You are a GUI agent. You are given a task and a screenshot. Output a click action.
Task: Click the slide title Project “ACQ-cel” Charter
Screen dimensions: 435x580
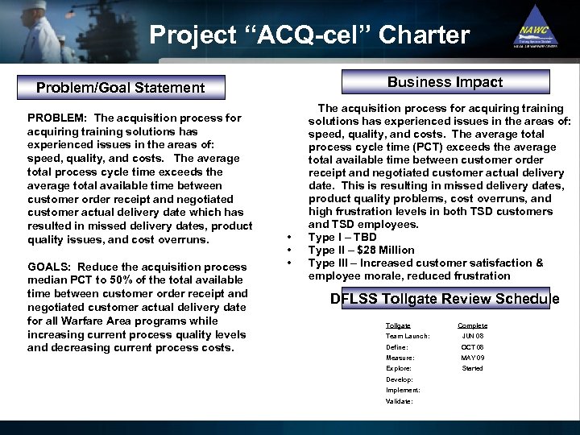click(309, 35)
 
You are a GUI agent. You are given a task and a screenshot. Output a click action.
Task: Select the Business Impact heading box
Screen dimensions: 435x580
click(445, 82)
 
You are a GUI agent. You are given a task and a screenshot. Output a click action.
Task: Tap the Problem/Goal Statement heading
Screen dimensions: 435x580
click(121, 87)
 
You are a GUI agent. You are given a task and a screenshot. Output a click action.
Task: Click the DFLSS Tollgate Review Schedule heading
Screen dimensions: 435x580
click(445, 299)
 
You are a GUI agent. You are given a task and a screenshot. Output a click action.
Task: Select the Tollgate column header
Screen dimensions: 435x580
click(398, 325)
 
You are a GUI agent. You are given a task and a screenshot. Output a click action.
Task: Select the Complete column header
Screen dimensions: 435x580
click(472, 325)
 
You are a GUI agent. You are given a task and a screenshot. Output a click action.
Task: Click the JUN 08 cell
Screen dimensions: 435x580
click(472, 336)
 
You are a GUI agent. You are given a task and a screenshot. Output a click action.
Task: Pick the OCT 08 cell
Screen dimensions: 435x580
click(472, 347)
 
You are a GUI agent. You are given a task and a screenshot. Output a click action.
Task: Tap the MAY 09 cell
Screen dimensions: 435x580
click(472, 358)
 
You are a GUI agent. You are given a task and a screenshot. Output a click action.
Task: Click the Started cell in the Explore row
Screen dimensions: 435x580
click(472, 368)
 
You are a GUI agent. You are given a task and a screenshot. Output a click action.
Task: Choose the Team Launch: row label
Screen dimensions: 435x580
click(408, 336)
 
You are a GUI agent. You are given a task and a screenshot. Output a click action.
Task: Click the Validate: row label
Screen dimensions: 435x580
click(399, 400)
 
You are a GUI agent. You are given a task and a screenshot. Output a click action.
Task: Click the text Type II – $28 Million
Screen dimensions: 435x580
click(361, 250)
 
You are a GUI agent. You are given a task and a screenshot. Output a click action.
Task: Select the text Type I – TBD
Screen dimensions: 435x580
click(342, 237)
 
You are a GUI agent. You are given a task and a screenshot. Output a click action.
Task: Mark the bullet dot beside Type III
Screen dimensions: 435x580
click(288, 263)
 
